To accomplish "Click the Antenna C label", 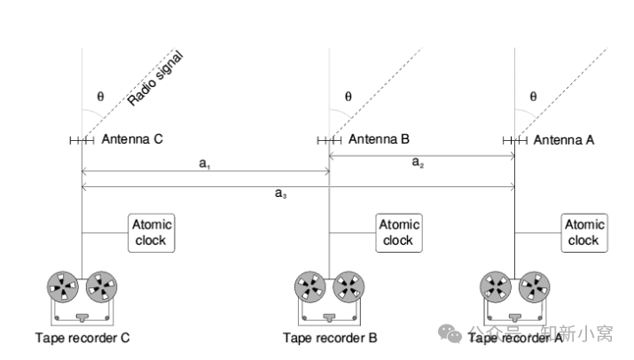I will (132, 139).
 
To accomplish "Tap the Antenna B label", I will (379, 139).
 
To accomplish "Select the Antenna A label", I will (564, 139).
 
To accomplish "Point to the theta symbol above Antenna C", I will (99, 97).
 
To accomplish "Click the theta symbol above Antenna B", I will (348, 97).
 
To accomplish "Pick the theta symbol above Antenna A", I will (533, 97).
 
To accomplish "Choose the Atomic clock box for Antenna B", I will (398, 232).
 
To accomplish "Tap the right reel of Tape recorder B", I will (348, 286).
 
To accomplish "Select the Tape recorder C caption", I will (82, 337).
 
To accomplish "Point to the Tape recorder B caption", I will (330, 337).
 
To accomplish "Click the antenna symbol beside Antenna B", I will (329, 139).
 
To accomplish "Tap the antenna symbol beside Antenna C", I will (82, 139).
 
